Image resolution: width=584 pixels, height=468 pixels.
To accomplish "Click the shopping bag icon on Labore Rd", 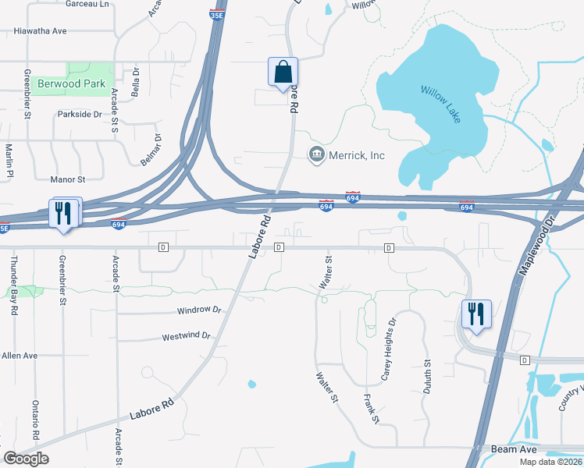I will [283, 72].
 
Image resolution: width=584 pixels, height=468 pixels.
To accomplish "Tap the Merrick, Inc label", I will [355, 155].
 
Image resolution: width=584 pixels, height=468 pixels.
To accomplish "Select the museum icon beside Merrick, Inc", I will [316, 154].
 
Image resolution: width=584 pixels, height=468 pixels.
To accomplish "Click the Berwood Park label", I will [73, 83].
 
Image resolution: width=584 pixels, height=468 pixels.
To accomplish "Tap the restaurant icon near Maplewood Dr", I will [476, 314].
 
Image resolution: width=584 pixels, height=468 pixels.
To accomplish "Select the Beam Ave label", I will [511, 449].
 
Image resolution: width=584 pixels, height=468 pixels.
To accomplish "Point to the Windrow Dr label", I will [200, 310].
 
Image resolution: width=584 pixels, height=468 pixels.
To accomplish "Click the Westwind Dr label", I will [187, 336].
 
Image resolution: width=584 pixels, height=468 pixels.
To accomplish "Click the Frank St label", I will [371, 409].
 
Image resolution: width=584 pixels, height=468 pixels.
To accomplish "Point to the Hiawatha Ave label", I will [40, 31].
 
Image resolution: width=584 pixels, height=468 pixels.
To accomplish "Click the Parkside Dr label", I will [80, 114].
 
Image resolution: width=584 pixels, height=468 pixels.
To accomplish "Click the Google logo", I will [25, 459].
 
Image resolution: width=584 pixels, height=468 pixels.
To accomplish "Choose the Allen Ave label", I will [20, 356].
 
